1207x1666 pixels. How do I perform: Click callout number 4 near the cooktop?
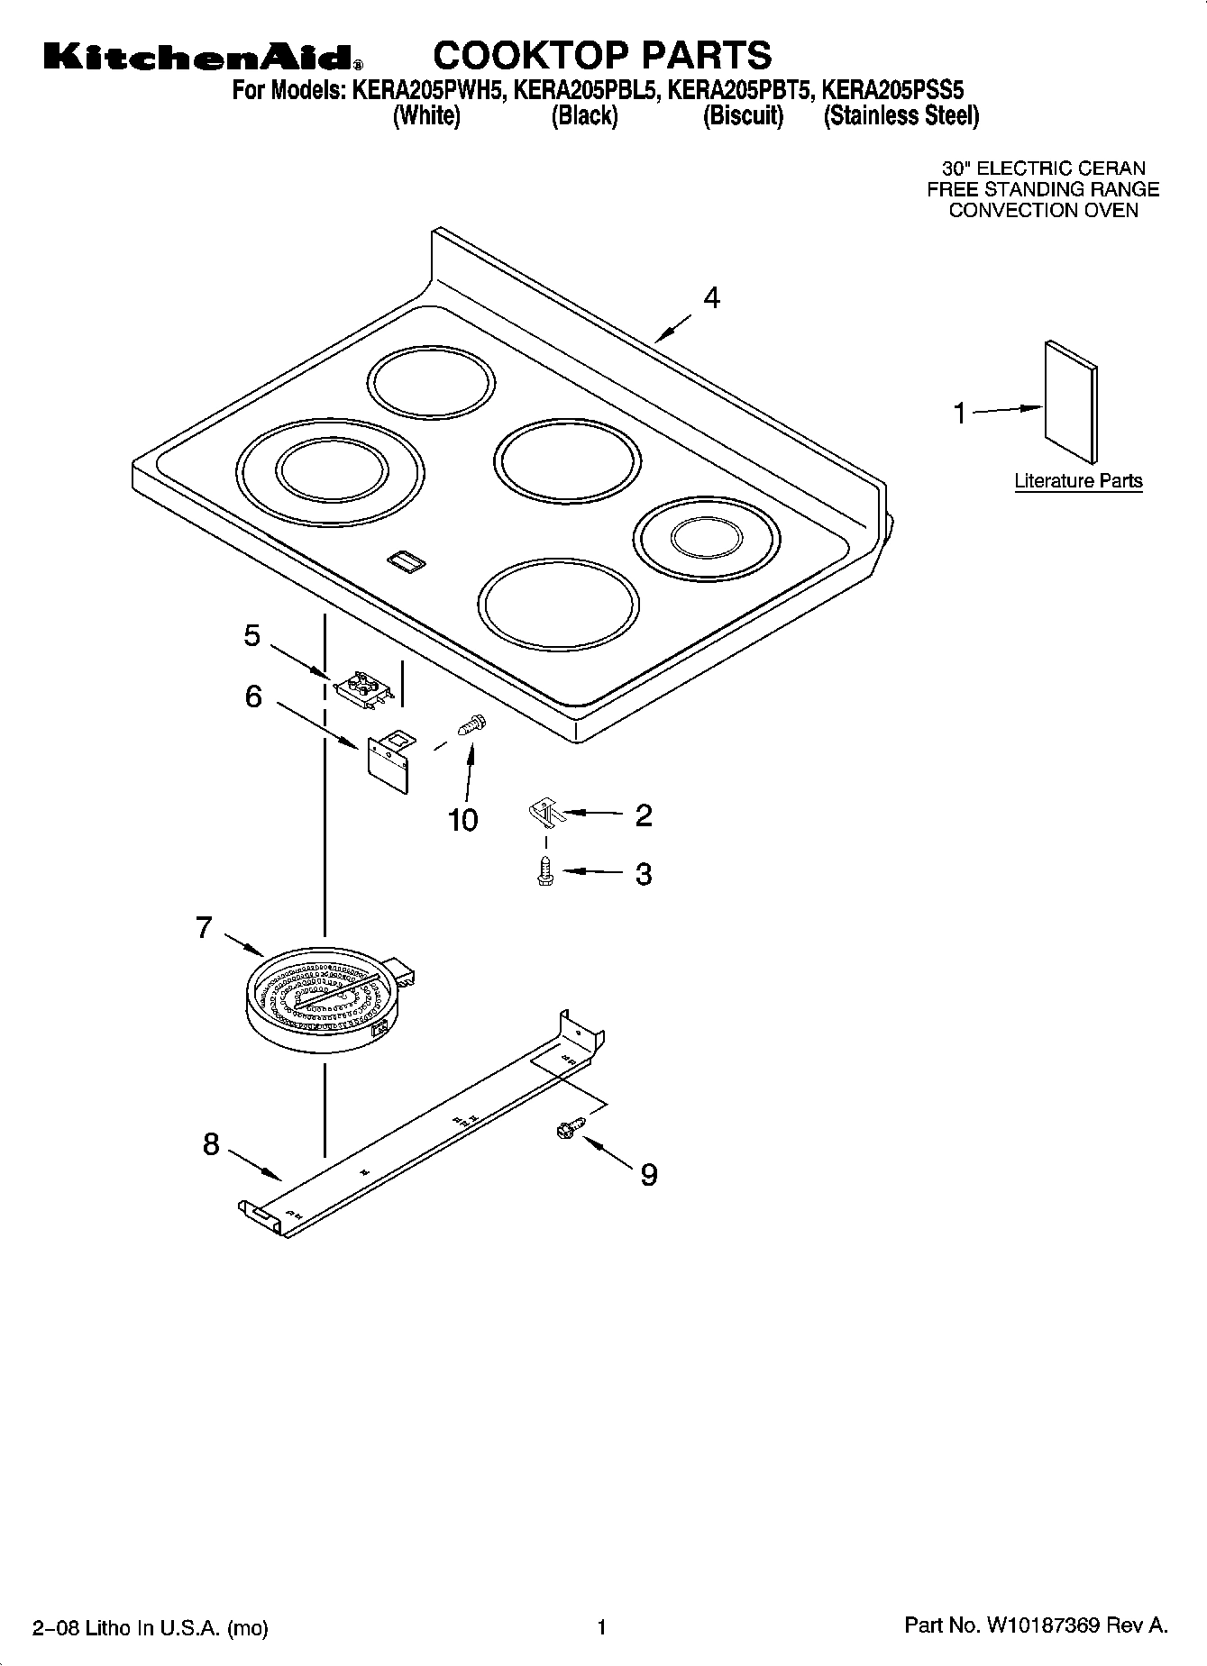pos(711,298)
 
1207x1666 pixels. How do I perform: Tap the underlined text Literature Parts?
pos(1078,481)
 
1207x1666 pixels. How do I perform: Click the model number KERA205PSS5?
pos(893,90)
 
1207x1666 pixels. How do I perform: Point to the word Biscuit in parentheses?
pos(743,116)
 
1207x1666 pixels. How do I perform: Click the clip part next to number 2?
pos(544,813)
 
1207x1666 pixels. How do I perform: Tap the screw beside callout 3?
pos(544,871)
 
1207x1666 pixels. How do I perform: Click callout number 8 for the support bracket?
pos(210,1144)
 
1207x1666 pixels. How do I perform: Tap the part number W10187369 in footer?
pos(1043,1626)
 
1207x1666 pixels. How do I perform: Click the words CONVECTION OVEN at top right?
pos(1043,211)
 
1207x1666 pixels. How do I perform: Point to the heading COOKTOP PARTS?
pos(602,55)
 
